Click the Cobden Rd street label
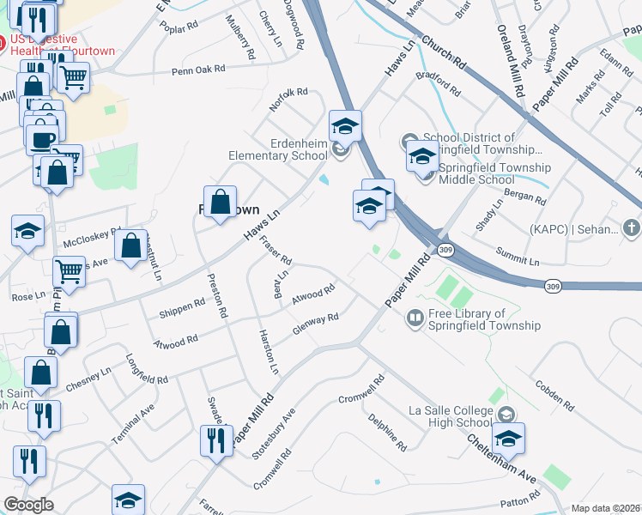(x=554, y=394)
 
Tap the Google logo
(x=28, y=505)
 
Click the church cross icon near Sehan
(x=631, y=228)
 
